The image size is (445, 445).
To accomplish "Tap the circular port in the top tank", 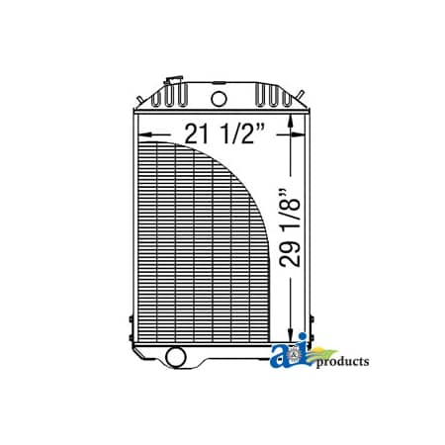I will [218, 98].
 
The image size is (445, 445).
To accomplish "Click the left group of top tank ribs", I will [175, 97].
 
